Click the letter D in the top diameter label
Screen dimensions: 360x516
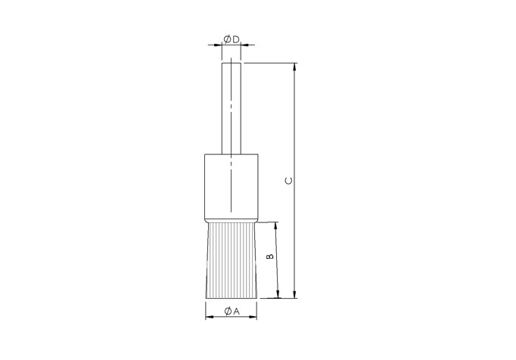click(235, 39)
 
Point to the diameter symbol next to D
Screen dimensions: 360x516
click(227, 39)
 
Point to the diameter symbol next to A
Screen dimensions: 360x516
click(227, 311)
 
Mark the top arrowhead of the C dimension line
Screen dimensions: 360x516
click(295, 67)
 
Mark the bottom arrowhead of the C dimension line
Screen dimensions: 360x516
click(295, 294)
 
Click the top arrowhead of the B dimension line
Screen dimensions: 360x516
click(278, 226)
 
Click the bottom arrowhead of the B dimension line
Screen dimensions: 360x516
click(278, 294)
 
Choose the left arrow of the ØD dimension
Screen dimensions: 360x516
click(218, 46)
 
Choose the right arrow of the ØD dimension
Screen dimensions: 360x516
click(245, 46)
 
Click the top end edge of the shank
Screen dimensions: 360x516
click(232, 64)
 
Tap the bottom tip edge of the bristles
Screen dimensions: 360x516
click(232, 298)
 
